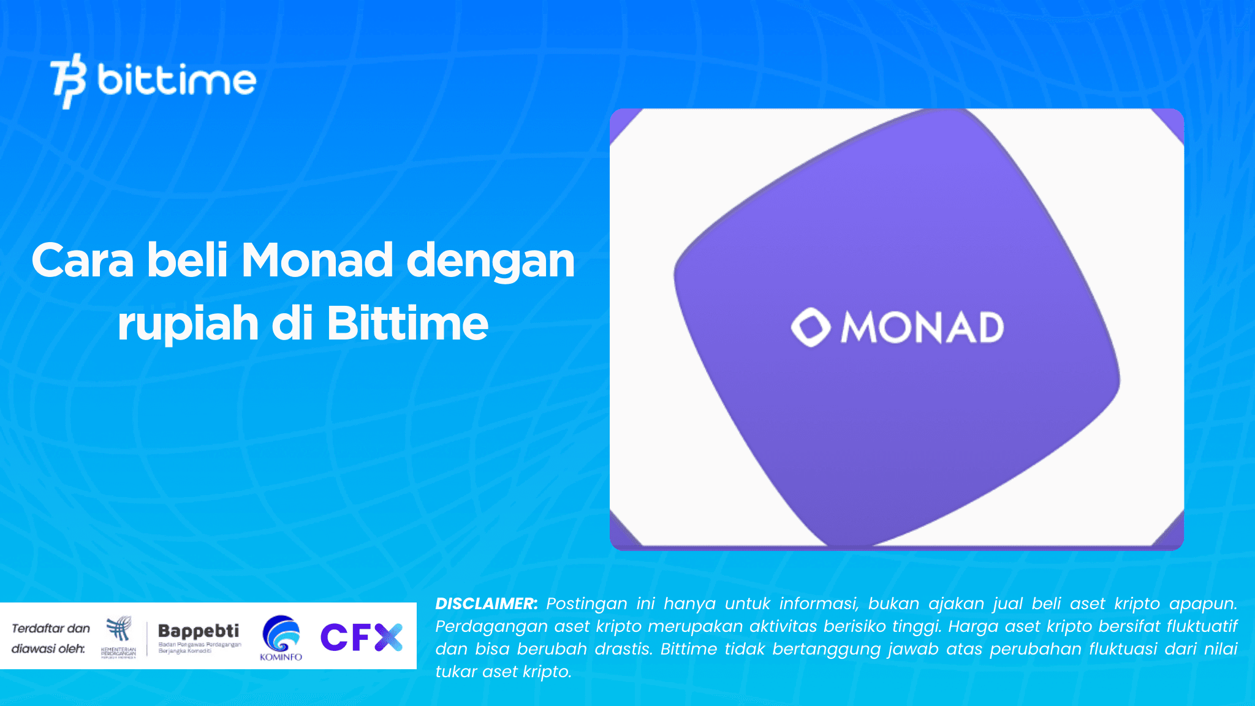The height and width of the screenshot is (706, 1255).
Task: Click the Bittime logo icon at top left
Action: tap(67, 81)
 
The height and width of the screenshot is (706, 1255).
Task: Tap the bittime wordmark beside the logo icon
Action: tap(176, 80)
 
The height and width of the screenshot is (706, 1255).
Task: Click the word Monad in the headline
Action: tap(317, 260)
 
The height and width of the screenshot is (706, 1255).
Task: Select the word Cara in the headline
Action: tap(83, 260)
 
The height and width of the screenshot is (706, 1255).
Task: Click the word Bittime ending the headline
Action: tap(408, 324)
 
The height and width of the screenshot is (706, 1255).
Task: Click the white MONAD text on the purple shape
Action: tap(922, 328)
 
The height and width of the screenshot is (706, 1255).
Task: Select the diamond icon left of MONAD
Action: tap(810, 327)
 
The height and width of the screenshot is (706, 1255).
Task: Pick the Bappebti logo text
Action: tap(199, 631)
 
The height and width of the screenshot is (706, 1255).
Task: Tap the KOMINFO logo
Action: tap(281, 638)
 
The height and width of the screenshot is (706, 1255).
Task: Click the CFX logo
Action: tap(362, 637)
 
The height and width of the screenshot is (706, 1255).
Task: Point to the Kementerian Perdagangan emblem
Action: tap(119, 636)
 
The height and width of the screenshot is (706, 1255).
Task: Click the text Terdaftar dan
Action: tap(51, 628)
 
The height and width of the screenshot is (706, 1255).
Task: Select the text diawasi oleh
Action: tap(48, 648)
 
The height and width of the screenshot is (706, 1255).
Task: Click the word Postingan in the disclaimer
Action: tap(586, 604)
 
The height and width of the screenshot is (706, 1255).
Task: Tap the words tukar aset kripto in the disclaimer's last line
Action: tap(503, 672)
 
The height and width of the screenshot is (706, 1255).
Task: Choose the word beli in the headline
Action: tap(187, 260)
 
